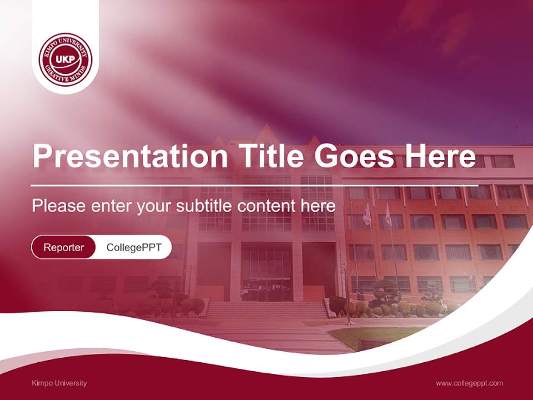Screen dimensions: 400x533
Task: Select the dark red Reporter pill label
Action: [x=64, y=247]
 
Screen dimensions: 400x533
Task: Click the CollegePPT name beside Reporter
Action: [x=134, y=247]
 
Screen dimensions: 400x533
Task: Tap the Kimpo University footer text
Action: [x=59, y=383]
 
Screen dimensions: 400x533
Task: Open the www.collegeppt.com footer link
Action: [x=469, y=383]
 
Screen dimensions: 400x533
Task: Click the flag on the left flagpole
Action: [x=367, y=214]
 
